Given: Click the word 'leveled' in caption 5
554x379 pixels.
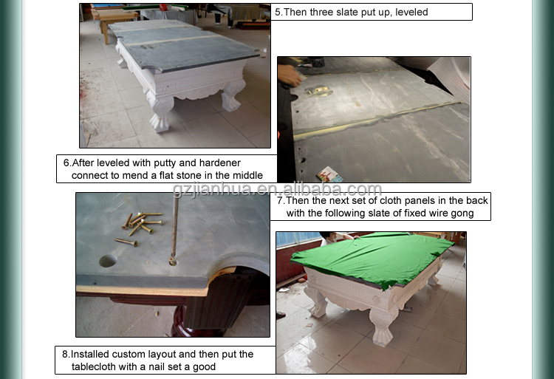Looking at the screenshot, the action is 411,12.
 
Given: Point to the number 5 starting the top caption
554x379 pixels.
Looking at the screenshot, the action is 278,12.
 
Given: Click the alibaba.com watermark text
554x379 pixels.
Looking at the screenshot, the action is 277,189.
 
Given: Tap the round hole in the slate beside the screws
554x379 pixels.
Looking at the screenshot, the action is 108,261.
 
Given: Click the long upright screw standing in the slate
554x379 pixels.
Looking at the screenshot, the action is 174,230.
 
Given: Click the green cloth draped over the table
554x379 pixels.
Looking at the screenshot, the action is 371,256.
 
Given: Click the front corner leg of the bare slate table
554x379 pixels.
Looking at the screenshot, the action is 161,112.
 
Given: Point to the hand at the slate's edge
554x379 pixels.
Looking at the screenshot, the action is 289,75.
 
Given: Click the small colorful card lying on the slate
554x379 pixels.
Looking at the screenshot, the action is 329,174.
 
